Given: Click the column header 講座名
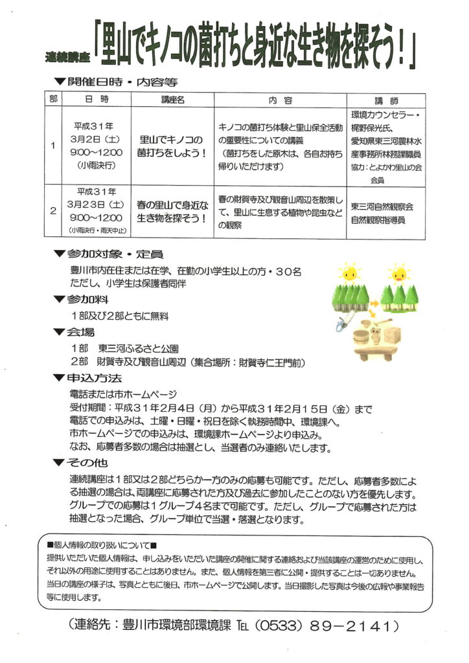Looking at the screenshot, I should [x=172, y=100].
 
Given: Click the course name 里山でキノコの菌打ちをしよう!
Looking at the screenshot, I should [x=172, y=146].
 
